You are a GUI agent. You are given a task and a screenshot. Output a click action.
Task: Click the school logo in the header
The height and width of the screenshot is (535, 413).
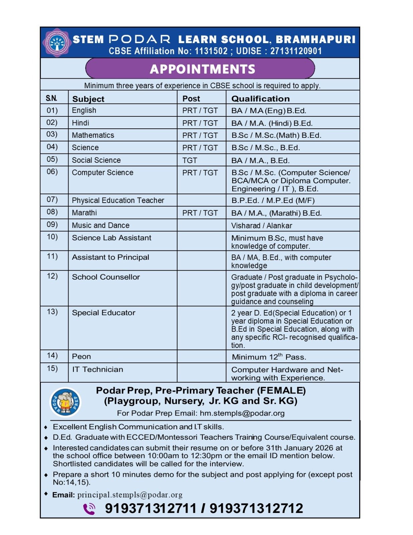[x=57, y=43]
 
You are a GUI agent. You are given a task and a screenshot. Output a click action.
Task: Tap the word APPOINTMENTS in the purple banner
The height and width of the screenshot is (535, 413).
[x=202, y=69]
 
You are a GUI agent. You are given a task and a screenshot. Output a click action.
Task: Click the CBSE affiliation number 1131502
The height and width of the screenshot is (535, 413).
[x=211, y=51]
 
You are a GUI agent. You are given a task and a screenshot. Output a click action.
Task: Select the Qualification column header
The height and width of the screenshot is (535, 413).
[x=260, y=99]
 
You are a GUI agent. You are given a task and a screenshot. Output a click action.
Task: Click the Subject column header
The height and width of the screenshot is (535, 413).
[x=88, y=99]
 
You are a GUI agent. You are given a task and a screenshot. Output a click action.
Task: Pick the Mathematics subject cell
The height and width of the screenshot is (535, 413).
[x=93, y=135]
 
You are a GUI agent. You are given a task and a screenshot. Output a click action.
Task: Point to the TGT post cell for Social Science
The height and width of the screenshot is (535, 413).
[x=190, y=160]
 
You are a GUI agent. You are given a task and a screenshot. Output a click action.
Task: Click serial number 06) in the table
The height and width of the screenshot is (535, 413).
[x=52, y=172]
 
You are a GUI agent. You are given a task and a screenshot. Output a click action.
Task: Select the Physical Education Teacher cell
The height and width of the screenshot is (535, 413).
[x=118, y=200]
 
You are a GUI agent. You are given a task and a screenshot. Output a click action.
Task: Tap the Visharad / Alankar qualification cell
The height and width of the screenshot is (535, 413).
[x=262, y=226]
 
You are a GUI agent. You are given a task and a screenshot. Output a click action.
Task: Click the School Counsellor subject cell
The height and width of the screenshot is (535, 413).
[x=106, y=277]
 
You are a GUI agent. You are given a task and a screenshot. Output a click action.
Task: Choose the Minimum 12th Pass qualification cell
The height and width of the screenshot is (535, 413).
[x=269, y=357]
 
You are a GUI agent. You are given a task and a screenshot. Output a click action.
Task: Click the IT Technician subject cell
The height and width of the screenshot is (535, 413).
[x=98, y=369]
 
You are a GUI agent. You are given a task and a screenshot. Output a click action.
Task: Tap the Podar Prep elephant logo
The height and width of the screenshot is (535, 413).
[x=65, y=402]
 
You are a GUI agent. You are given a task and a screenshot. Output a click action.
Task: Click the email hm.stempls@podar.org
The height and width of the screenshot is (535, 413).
[x=242, y=413]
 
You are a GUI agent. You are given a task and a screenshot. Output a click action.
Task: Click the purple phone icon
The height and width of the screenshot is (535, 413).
[x=89, y=509]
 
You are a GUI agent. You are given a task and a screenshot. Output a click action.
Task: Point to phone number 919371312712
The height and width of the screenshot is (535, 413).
[x=256, y=509]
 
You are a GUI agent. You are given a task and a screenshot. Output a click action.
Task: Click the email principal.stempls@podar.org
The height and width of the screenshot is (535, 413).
[x=130, y=495]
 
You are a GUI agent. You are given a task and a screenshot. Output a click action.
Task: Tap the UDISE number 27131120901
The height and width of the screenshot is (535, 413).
[x=296, y=51]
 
